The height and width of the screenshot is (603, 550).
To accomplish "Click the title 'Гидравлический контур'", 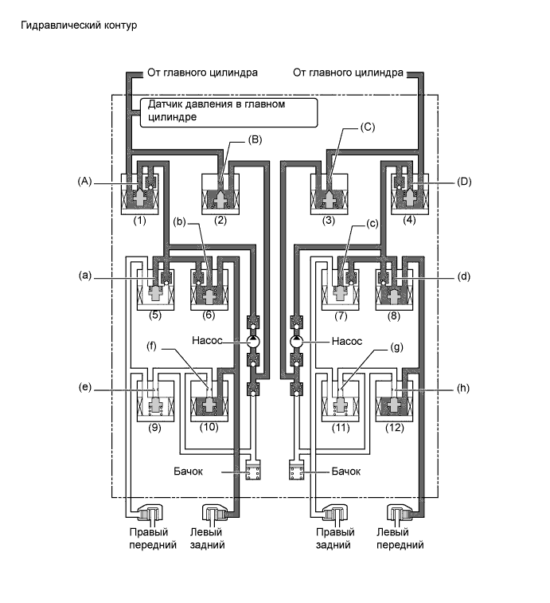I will pyautogui.click(x=80, y=25).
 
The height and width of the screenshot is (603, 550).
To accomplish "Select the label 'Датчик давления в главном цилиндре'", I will pyautogui.click(x=228, y=111).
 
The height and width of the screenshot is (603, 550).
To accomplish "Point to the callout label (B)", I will pyautogui.click(x=255, y=139).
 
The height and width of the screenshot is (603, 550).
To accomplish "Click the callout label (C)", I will pyautogui.click(x=368, y=126).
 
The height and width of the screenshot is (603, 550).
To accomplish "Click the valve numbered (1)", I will pyautogui.click(x=140, y=194).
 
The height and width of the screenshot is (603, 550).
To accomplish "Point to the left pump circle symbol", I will pyautogui.click(x=253, y=341).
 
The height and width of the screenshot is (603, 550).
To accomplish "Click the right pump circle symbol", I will pyautogui.click(x=297, y=341).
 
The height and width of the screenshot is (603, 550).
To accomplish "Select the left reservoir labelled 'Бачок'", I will pyautogui.click(x=253, y=472).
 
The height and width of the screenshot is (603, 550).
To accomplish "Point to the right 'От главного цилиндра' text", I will pyautogui.click(x=349, y=73).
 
